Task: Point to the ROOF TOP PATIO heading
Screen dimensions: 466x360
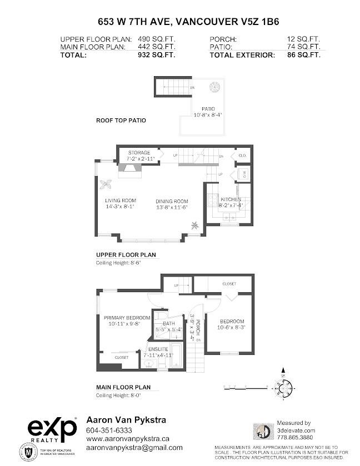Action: pos(121,119)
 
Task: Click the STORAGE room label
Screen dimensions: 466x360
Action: pos(139,152)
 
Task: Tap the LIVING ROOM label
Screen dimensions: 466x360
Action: pos(121,201)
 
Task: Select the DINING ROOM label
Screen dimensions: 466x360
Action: pos(172,201)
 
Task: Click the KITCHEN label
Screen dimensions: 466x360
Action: pos(231,199)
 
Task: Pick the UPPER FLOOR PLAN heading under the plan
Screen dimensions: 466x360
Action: pos(126,255)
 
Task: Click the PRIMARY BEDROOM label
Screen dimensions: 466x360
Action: pos(127,318)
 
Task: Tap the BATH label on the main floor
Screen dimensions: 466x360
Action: pos(169,323)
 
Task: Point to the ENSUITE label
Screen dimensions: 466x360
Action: pos(157,349)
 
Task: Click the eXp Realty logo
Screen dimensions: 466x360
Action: pos(52,429)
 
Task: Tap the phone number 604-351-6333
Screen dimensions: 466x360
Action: pos(109,430)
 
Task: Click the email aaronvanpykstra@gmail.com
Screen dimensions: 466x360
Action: pos(134,447)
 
